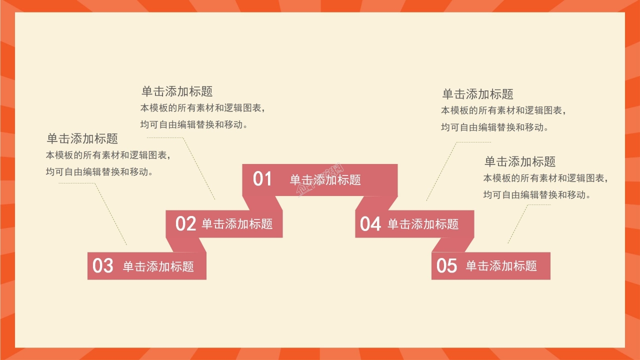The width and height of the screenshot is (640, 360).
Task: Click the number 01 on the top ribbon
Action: pos(262,179)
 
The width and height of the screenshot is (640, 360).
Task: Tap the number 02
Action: pos(185,224)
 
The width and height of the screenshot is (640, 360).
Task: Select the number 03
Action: pos(103,265)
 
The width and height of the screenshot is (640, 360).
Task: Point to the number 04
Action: pos(370,224)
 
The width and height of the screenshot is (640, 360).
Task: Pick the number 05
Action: pos(446,265)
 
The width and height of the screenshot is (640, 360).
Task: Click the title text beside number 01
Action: pos(325,180)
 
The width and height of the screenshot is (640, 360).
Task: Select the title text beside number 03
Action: pos(158,266)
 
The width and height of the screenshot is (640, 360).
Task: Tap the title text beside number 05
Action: pos(501,266)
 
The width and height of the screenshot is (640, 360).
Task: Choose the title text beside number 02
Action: pos(237,224)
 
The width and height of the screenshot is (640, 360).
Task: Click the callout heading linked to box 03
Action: pos(82,138)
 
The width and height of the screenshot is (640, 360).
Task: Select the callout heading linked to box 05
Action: pos(520,161)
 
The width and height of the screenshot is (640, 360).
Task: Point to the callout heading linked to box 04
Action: pos(477,94)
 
